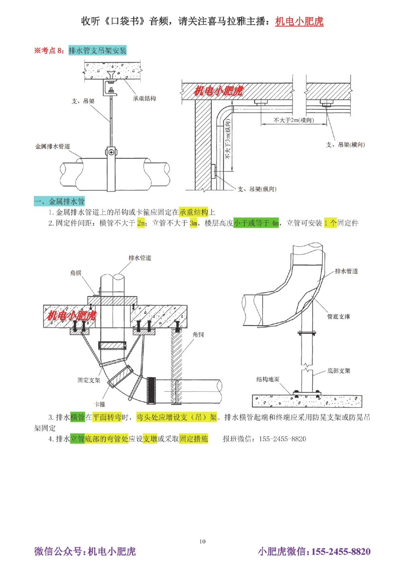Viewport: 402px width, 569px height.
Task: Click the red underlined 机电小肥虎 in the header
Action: tap(299, 21)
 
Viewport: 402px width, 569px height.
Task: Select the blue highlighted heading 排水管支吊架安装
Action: tap(97, 50)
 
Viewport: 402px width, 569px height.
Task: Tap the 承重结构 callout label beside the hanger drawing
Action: tap(144, 98)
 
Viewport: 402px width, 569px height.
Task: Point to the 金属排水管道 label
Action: tap(53, 146)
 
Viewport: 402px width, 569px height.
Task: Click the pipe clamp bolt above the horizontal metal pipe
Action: tap(111, 152)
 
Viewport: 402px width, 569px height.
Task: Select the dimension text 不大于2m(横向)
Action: tap(294, 120)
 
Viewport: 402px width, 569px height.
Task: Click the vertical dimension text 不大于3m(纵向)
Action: tap(228, 139)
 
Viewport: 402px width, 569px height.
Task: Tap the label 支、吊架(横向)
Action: tap(345, 144)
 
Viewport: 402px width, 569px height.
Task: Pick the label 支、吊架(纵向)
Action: tap(257, 189)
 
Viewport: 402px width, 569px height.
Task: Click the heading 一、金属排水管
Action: tap(59, 201)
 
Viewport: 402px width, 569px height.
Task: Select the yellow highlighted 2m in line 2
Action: tap(141, 223)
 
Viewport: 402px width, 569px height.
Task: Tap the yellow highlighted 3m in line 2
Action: tap(193, 223)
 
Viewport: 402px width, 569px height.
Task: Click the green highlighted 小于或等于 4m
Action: tap(256, 223)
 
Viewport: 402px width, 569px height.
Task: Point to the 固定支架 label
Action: tap(88, 380)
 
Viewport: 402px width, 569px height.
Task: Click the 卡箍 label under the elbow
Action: tap(99, 404)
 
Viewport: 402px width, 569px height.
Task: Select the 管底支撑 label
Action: tap(338, 316)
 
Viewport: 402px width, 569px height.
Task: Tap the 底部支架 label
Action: tap(338, 371)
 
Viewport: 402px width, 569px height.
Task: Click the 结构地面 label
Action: tap(268, 379)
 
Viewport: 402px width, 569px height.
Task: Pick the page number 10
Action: tap(202, 541)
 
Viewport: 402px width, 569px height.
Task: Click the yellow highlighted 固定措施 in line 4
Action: tap(194, 439)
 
